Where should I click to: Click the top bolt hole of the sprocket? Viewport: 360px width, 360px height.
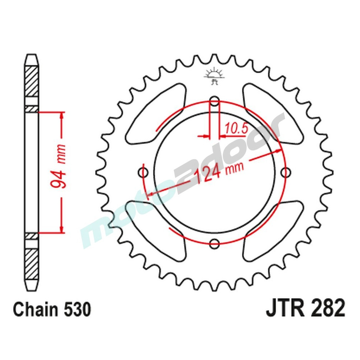point(215,102)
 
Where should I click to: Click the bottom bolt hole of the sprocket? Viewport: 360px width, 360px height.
point(215,243)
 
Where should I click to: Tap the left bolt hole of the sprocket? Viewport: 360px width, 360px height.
point(144,172)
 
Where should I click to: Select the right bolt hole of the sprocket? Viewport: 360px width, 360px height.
point(285,173)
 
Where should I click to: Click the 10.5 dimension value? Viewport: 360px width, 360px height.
point(236,128)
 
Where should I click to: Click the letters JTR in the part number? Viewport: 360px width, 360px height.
point(283,310)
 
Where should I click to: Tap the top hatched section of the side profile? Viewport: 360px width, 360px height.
point(31,81)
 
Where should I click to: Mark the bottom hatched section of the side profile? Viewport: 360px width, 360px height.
point(31,261)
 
